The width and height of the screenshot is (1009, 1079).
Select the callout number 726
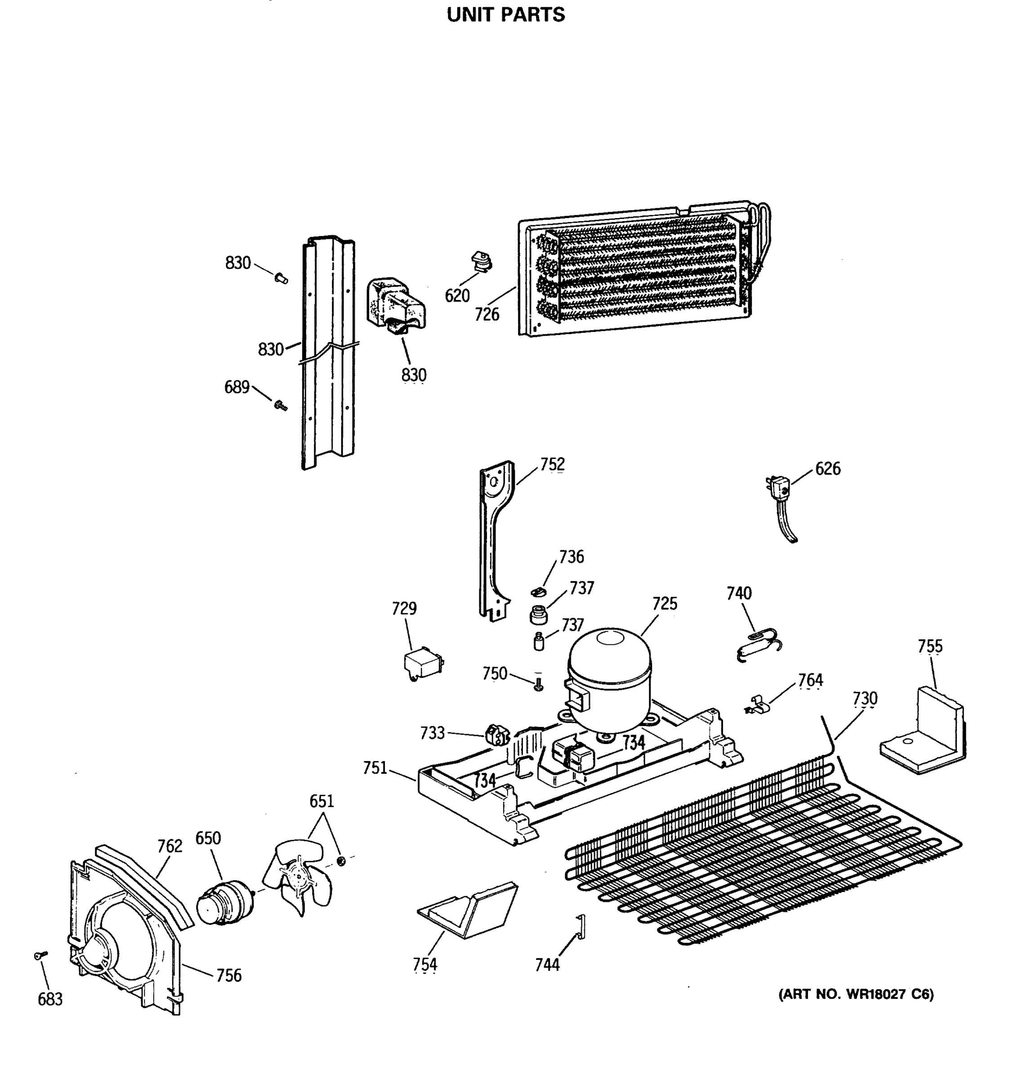[x=487, y=314]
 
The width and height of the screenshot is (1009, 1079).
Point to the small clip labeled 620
[x=481, y=261]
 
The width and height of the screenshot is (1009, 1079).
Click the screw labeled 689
[x=280, y=406]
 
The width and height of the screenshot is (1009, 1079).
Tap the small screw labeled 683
[x=40, y=955]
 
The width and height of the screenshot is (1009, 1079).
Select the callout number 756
[x=228, y=975]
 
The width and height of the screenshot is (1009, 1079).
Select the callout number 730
[x=864, y=698]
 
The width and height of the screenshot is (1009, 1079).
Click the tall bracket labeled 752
[x=494, y=543]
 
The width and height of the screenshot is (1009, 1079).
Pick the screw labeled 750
[x=538, y=684]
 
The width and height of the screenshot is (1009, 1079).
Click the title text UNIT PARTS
[x=505, y=15]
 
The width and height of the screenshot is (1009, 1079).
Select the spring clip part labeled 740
[x=759, y=644]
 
